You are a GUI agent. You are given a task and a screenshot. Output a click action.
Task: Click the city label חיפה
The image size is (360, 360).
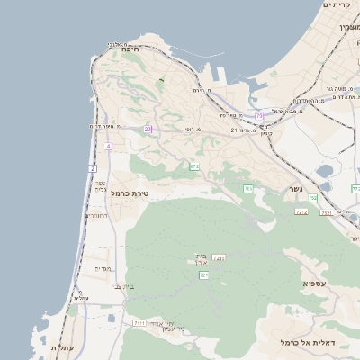tap(130, 49)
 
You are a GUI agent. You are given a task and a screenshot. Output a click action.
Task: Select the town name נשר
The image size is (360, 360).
tap(296, 189)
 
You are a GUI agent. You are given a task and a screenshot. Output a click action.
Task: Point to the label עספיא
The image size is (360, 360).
tap(314, 283)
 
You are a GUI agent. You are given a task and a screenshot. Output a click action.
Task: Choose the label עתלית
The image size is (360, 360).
tap(60, 347)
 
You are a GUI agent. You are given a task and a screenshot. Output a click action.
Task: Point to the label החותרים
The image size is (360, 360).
tap(96, 216)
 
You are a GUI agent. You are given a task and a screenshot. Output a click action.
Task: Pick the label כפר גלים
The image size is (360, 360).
tap(100, 186)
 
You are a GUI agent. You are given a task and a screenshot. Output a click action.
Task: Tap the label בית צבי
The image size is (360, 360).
tap(121, 287)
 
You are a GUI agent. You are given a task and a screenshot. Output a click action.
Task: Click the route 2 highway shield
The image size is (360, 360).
tap(92, 168)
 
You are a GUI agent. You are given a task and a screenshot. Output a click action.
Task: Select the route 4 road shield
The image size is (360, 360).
tap(108, 146)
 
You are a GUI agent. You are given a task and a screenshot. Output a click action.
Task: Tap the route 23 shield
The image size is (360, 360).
tap(148, 130)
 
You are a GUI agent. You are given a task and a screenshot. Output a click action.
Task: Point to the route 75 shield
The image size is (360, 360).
tap(259, 115)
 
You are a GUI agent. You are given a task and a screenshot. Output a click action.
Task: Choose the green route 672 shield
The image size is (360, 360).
tap(194, 166)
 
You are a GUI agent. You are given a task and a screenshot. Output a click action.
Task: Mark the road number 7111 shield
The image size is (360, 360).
tap(139, 322)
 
